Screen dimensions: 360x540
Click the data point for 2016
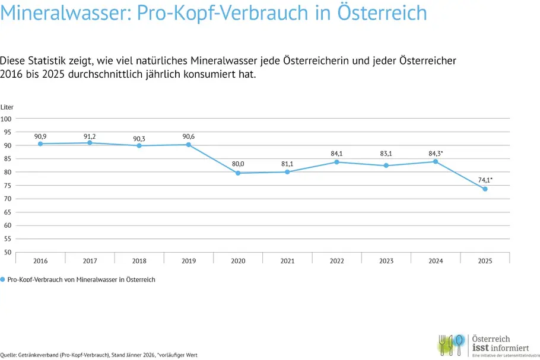pyautogui.click(x=40, y=144)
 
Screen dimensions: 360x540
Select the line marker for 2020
pyautogui.click(x=238, y=173)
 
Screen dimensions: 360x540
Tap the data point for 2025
pyautogui.click(x=485, y=189)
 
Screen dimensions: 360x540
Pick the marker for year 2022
pyautogui.click(x=336, y=162)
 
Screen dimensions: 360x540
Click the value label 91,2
pyautogui.click(x=90, y=136)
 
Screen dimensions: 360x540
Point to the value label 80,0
pyautogui.click(x=238, y=164)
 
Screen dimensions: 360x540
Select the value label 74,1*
pyautogui.click(x=486, y=179)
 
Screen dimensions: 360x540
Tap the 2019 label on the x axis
pyautogui.click(x=189, y=261)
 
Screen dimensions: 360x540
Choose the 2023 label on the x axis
pyautogui.click(x=386, y=261)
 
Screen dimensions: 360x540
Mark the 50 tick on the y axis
pyautogui.click(x=8, y=252)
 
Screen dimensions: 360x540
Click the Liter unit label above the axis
pyautogui.click(x=7, y=107)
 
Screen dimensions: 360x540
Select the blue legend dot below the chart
pyautogui.click(x=3, y=279)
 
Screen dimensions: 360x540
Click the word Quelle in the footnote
pyautogui.click(x=8, y=355)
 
